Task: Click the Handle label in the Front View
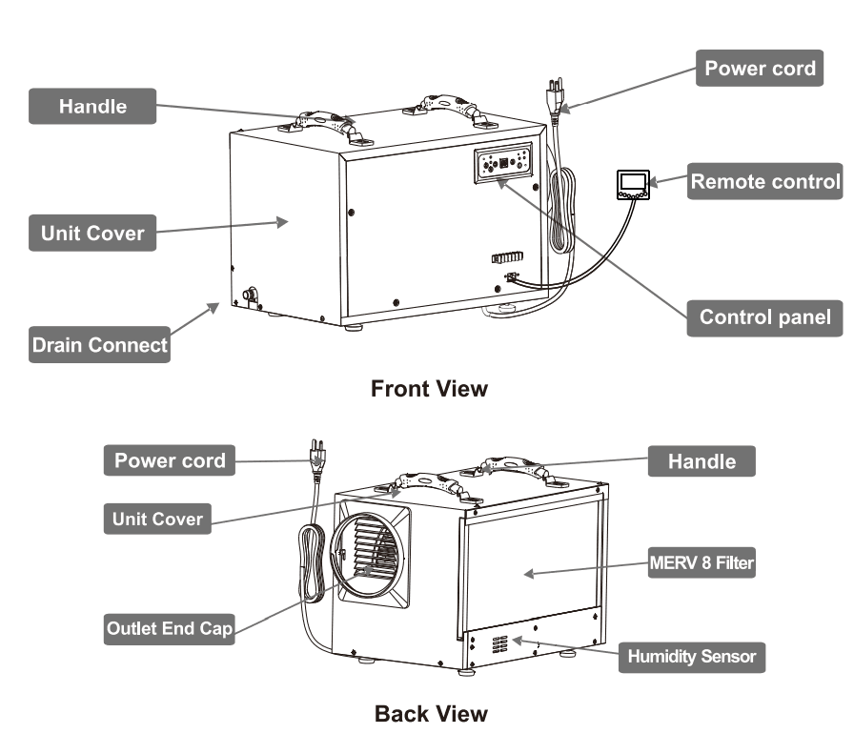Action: (x=91, y=106)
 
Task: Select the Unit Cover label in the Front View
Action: (x=91, y=233)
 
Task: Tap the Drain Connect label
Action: (x=99, y=345)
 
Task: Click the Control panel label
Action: (x=764, y=317)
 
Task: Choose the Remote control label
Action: (x=765, y=181)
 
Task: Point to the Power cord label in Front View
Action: (x=760, y=69)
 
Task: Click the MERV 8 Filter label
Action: (x=701, y=563)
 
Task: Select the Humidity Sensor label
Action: (x=691, y=657)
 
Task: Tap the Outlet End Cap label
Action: (x=169, y=628)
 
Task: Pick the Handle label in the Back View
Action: (x=701, y=461)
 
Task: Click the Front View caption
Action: (x=428, y=389)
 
